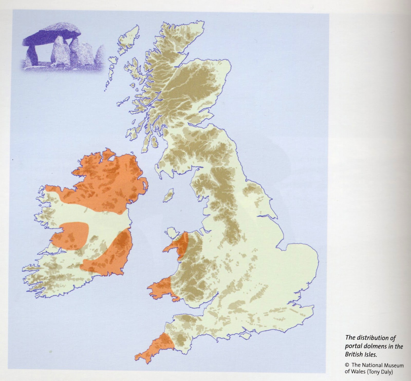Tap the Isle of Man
pyautogui.click(x=169, y=195)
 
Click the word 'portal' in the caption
pyautogui.click(x=353, y=346)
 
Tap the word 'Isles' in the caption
pyautogui.click(x=370, y=355)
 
